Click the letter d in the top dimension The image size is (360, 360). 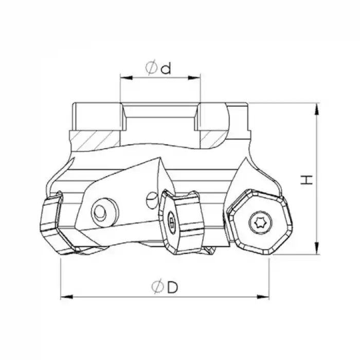coord(166,68)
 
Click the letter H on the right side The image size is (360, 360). coord(307,179)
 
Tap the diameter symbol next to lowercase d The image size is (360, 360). coord(151,68)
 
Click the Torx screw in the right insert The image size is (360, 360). coord(256,223)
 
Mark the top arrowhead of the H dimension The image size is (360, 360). coord(319,107)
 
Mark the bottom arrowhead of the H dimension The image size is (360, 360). coord(319,251)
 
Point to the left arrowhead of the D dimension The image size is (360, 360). coord(64,296)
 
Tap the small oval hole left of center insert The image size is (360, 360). coord(150,197)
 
